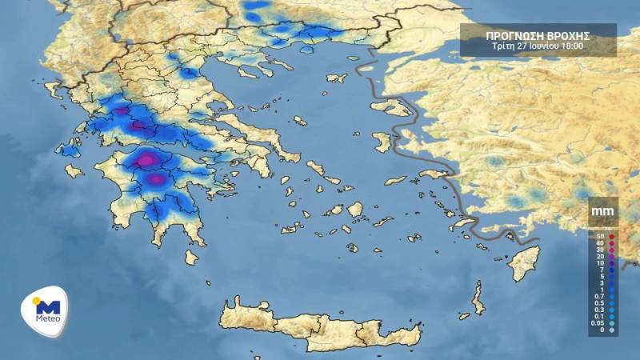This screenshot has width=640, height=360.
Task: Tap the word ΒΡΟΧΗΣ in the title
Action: (570, 35)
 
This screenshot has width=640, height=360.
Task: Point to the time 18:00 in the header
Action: (570, 46)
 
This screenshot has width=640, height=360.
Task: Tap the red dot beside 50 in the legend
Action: (611, 237)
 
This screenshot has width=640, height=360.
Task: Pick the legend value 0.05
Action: (598, 322)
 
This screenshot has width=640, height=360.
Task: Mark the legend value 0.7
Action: (598, 295)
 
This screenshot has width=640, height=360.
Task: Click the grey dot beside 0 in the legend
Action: (611, 330)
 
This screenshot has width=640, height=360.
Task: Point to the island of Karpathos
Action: (478, 302)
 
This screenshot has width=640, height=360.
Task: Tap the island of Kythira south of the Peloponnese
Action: (191, 257)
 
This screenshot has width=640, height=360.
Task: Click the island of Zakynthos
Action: (74, 170)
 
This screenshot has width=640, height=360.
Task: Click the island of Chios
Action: (382, 142)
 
